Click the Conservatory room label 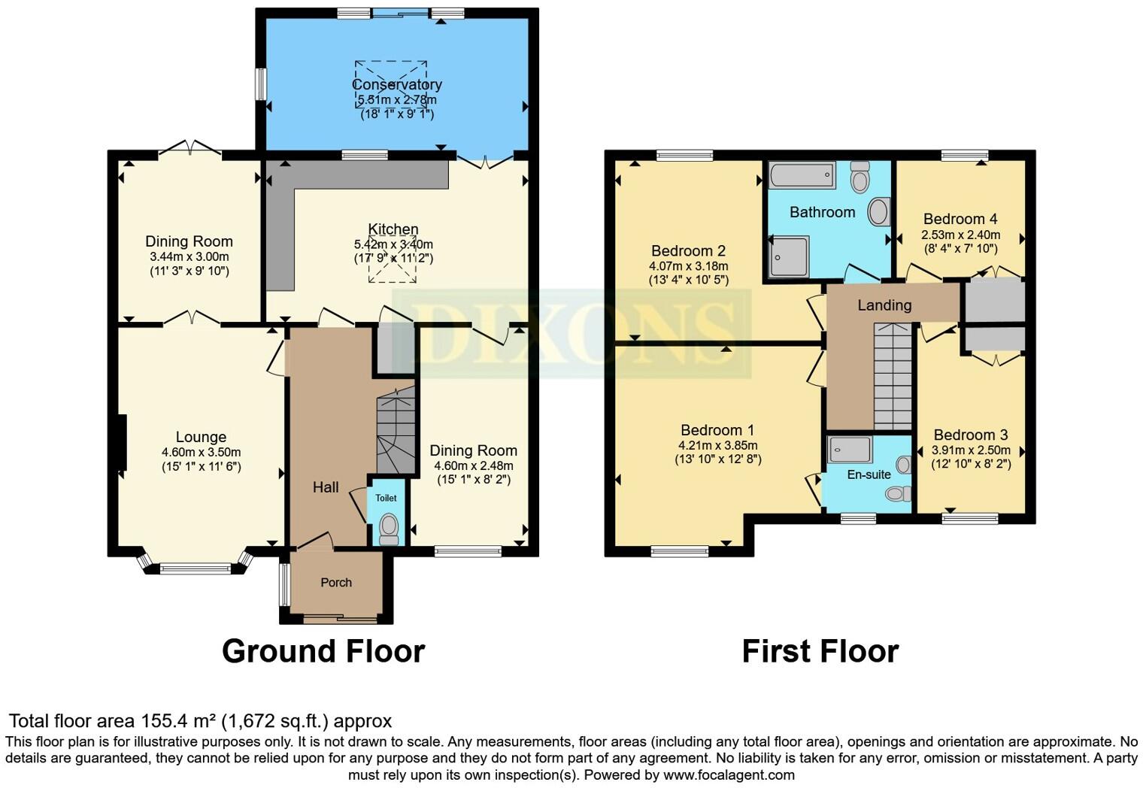[396, 84]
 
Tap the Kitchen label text [393, 229]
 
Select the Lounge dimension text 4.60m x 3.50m [201, 452]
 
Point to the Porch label [336, 582]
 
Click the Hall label [326, 487]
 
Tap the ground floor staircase [396, 430]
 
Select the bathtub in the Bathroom [802, 175]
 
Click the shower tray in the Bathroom [790, 256]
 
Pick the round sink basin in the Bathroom [878, 212]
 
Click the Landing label [884, 305]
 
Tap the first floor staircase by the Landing [893, 376]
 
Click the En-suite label [869, 474]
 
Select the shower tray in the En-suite [850, 450]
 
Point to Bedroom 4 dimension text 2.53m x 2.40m [960, 235]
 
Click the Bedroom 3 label [971, 435]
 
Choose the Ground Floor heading [323, 651]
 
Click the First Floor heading [820, 651]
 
